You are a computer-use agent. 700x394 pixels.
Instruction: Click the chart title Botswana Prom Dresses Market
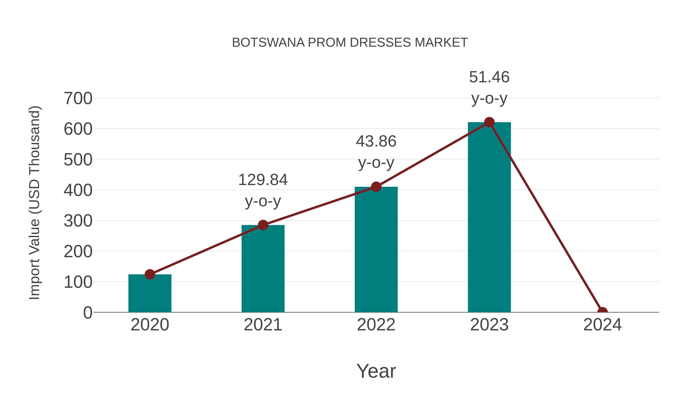coord(350,43)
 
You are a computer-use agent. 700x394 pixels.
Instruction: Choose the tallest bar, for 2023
coord(489,218)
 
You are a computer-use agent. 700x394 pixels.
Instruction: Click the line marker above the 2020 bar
coord(150,274)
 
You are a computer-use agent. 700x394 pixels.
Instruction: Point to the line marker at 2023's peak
coord(489,122)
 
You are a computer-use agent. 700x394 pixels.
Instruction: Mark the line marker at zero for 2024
coord(602,312)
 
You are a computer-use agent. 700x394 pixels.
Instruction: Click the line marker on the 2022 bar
coord(376,187)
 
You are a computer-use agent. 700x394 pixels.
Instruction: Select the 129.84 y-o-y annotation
coord(263,190)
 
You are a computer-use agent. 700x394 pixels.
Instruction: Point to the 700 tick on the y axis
coord(78,98)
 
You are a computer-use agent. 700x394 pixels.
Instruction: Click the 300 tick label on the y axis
coord(78,221)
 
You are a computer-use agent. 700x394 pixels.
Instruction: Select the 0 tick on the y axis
coord(87,313)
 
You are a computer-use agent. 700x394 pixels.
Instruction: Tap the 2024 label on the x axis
coord(602,325)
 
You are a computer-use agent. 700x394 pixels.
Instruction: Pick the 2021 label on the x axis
coord(263,325)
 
